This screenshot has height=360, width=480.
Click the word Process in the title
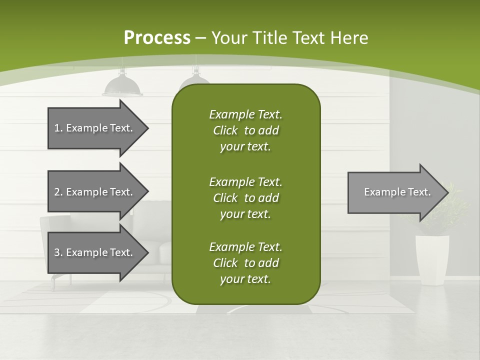coord(157,38)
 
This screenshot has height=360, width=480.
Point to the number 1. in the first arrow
coord(58,128)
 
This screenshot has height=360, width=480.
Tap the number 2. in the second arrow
coord(58,192)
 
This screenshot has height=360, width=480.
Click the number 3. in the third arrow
coord(58,252)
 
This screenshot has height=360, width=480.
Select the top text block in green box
coord(245,130)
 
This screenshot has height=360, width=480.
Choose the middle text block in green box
coord(245,197)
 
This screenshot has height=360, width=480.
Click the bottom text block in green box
coord(245,263)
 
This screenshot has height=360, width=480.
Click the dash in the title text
coord(201,38)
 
